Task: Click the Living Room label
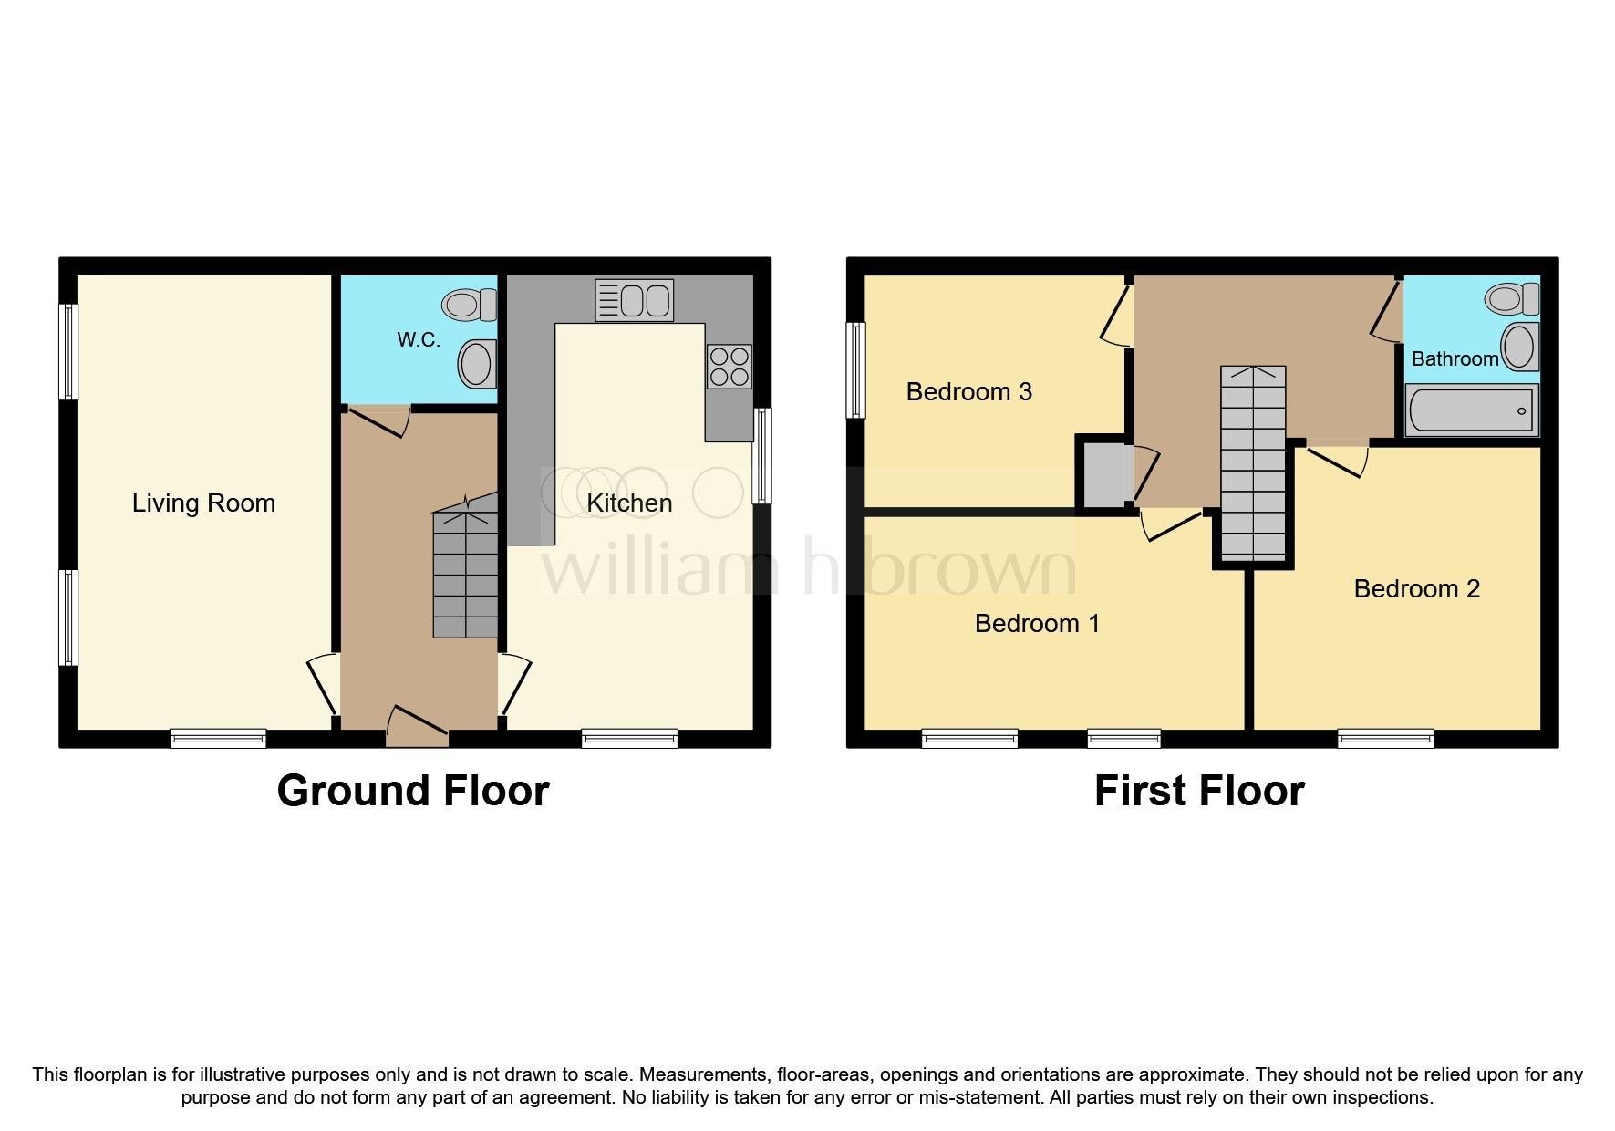tap(203, 503)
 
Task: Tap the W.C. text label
tap(419, 340)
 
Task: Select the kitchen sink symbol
tap(635, 300)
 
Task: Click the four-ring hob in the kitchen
tap(729, 367)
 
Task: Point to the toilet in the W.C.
tap(471, 304)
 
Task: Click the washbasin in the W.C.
tap(477, 363)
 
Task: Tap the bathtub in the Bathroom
tap(1471, 410)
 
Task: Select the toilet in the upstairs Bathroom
tap(1512, 298)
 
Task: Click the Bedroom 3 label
tap(968, 392)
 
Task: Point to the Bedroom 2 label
tap(1416, 589)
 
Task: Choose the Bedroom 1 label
tap(1037, 624)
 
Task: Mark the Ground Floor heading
tap(413, 791)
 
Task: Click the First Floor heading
tap(1199, 791)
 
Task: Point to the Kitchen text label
tap(629, 503)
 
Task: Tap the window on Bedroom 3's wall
tap(855, 369)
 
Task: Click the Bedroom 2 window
tap(1385, 738)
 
